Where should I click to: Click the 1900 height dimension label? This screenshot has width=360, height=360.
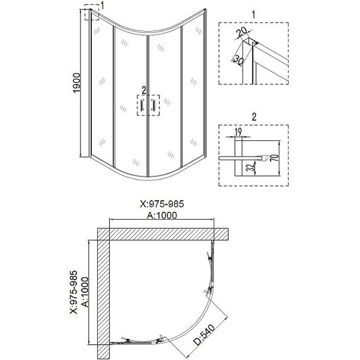76,83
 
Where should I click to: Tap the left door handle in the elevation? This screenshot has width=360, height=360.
143,105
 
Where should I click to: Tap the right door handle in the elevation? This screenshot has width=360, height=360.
153,105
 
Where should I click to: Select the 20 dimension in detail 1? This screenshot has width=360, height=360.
241,32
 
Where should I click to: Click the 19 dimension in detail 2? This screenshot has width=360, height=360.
238,132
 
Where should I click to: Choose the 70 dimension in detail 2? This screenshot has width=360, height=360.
275,158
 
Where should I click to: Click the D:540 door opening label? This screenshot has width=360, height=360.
204,335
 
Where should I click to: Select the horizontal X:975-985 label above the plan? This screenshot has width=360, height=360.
162,204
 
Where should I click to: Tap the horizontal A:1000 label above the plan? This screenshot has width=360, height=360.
162,216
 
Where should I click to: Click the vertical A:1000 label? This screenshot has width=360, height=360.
85,292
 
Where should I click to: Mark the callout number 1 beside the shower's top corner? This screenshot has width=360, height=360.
102,5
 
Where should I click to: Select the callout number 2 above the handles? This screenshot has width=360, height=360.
144,90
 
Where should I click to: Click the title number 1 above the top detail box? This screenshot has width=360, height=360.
253,15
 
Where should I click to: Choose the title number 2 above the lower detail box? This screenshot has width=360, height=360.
254,117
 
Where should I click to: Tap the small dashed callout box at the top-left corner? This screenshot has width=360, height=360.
92,12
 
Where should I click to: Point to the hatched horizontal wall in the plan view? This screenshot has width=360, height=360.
163,234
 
